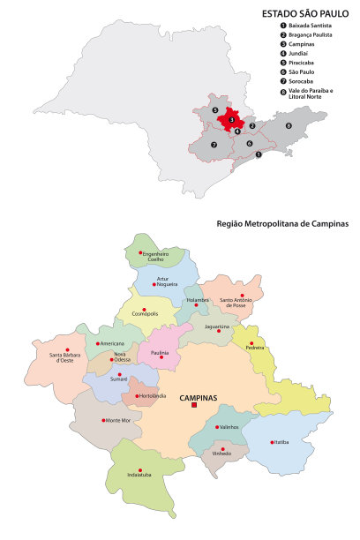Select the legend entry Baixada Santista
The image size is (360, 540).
(x=304, y=27)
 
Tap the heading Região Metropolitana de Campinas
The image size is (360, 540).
(x=281, y=224)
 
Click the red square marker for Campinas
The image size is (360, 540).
(x=194, y=407)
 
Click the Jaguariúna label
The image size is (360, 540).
(x=217, y=326)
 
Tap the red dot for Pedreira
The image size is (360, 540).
(x=251, y=342)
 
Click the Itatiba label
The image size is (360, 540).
(x=281, y=441)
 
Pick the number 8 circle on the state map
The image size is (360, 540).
(x=288, y=126)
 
